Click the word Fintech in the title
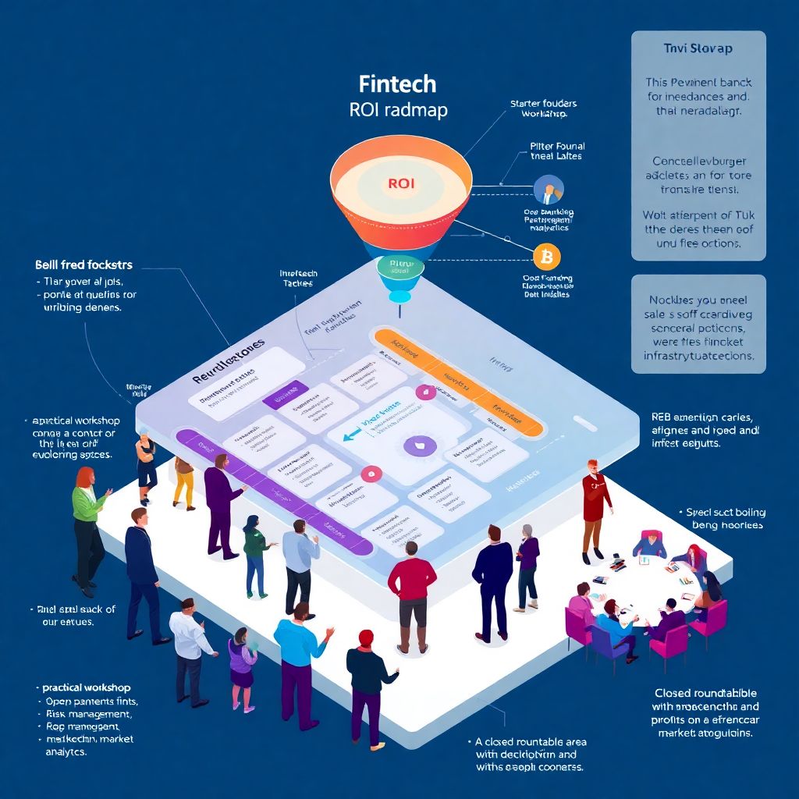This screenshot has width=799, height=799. (x=397, y=84)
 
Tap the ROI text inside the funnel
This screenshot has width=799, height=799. (x=401, y=184)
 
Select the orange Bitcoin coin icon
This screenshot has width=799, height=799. (x=546, y=256)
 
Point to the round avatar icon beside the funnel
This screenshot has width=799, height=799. (x=549, y=190)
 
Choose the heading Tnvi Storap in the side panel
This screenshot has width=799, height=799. (x=698, y=48)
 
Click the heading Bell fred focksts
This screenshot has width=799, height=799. (x=83, y=265)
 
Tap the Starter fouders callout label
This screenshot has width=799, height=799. (x=543, y=103)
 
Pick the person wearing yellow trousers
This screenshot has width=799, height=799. (x=184, y=480)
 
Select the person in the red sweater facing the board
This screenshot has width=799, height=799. (x=411, y=589)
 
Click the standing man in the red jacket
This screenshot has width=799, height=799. (x=595, y=507)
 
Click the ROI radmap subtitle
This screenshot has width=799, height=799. (x=399, y=110)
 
